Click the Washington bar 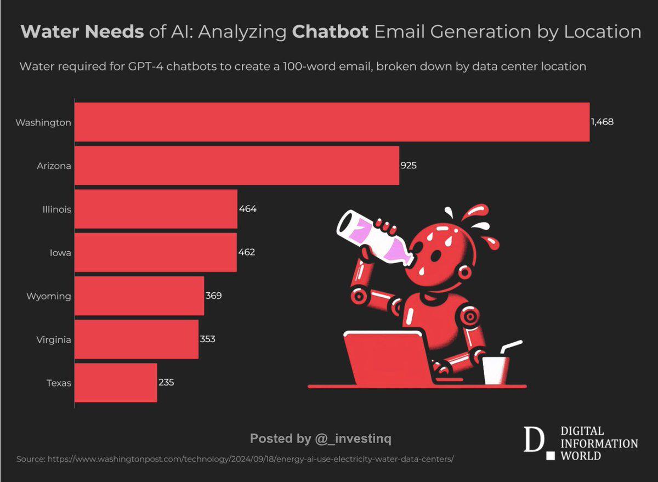coord(332,122)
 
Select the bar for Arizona coord(236,165)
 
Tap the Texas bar coord(116,382)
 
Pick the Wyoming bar coord(139,296)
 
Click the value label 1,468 coord(602,122)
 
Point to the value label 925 coord(409,165)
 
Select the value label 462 coord(247,252)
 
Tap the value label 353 coord(207,339)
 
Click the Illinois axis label coord(58,209)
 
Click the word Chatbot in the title coord(330,32)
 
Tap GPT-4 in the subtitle coord(152,66)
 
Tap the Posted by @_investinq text coord(321,439)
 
